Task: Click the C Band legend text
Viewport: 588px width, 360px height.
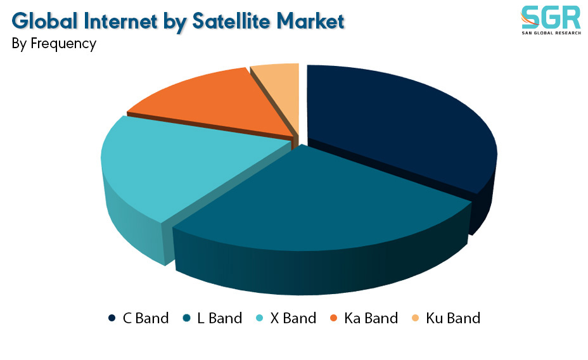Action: (x=146, y=318)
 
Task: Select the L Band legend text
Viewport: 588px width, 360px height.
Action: (x=219, y=318)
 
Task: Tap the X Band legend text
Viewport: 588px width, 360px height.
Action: (x=293, y=318)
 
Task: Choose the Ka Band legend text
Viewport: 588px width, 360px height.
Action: (x=371, y=318)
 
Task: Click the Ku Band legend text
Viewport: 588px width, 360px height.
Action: (x=453, y=318)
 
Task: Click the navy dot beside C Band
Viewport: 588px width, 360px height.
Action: (x=112, y=318)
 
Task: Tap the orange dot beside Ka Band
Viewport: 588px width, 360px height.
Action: (x=333, y=318)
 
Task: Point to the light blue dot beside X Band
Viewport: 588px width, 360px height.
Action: (x=259, y=318)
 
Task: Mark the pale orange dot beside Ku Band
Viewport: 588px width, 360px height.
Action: (x=415, y=318)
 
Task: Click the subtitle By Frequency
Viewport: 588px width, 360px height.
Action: (x=54, y=44)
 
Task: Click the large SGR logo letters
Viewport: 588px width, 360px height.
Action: (x=551, y=17)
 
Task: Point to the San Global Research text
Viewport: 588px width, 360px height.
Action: (x=551, y=33)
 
